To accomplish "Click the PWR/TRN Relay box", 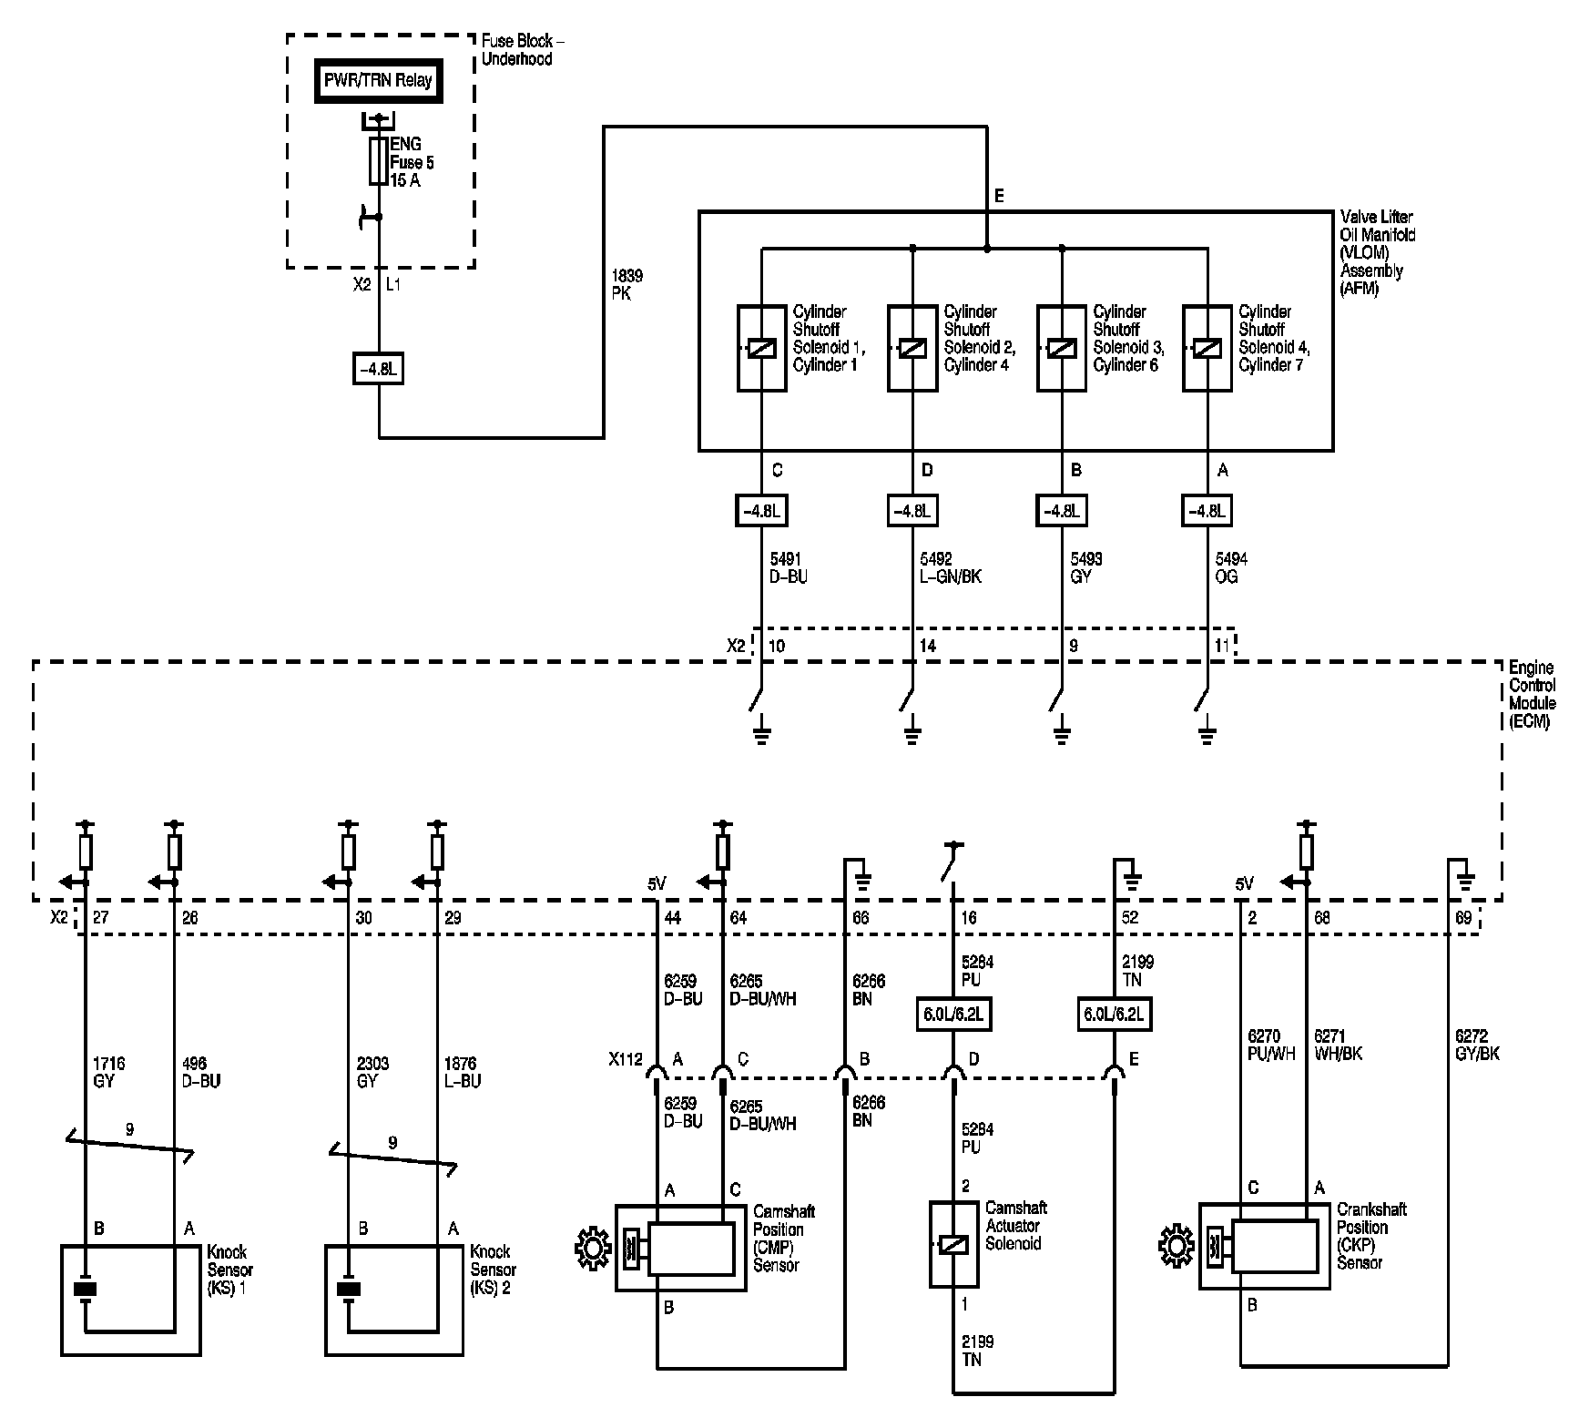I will tap(378, 80).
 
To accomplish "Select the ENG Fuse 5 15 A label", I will tap(412, 163).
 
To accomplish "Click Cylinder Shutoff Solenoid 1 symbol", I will tap(761, 348).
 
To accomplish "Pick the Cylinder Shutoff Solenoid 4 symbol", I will tap(1207, 348).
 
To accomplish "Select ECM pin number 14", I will tap(927, 646).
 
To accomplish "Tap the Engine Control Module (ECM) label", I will tap(1532, 695).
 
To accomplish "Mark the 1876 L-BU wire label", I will tap(462, 1072).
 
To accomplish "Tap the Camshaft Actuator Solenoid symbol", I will tap(953, 1244).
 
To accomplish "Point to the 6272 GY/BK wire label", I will tap(1477, 1045).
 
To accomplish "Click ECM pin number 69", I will tap(1462, 918).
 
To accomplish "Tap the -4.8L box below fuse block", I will tap(378, 370).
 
